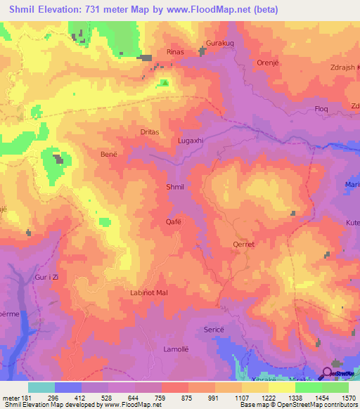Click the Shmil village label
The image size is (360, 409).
coord(174,187)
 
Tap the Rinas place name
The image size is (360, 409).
coord(175,52)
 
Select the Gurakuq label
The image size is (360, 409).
coord(219,44)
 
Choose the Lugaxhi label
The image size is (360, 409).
coord(191,141)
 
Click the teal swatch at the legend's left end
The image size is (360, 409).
coord(41,387)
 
